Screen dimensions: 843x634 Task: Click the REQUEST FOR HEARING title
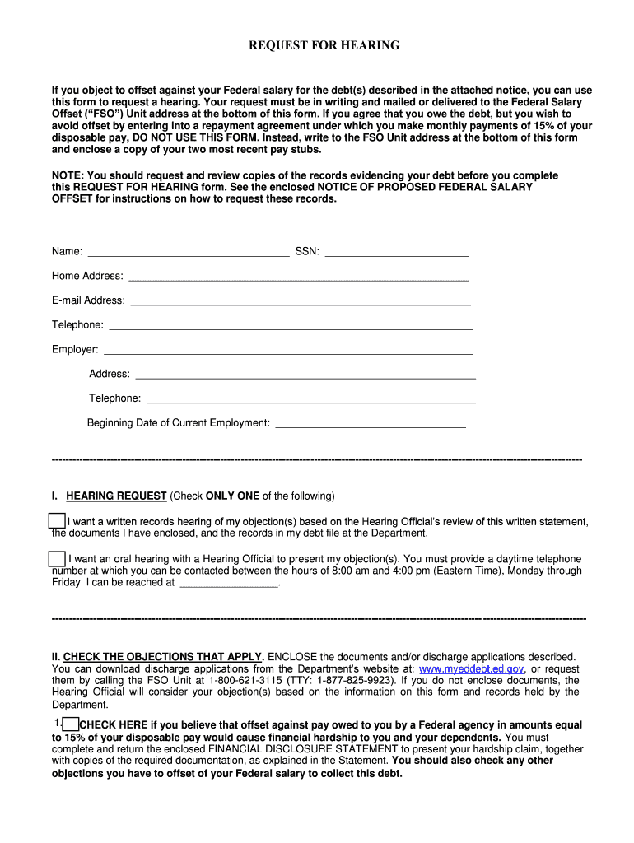coord(324,45)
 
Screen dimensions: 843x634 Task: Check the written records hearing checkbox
coord(56,521)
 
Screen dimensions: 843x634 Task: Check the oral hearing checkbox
coord(57,559)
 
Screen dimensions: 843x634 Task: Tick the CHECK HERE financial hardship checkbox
coord(71,724)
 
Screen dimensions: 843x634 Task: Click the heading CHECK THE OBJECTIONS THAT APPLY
coord(164,657)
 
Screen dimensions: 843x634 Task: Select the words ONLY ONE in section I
coord(232,496)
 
